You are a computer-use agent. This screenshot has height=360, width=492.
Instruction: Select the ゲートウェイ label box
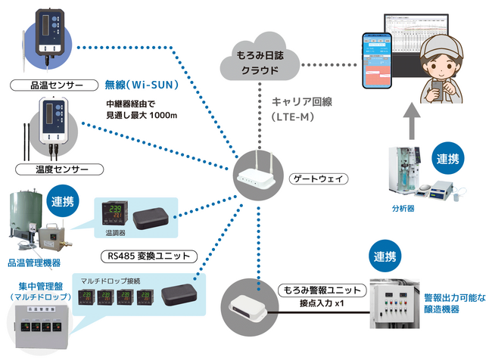point(319,179)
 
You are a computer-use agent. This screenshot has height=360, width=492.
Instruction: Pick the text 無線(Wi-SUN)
point(141,85)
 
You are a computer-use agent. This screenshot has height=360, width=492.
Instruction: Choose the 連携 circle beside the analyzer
point(453,160)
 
